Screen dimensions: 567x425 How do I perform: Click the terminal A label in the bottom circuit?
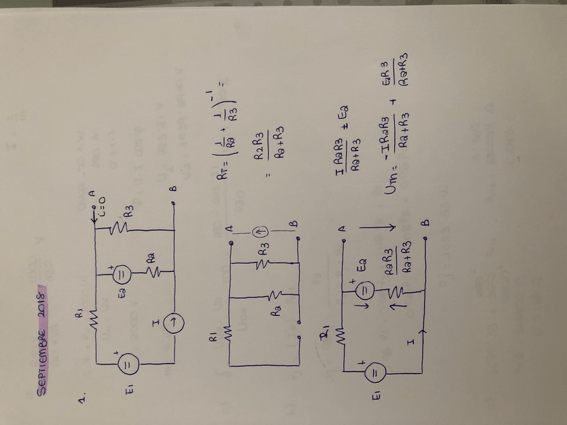point(342,229)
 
